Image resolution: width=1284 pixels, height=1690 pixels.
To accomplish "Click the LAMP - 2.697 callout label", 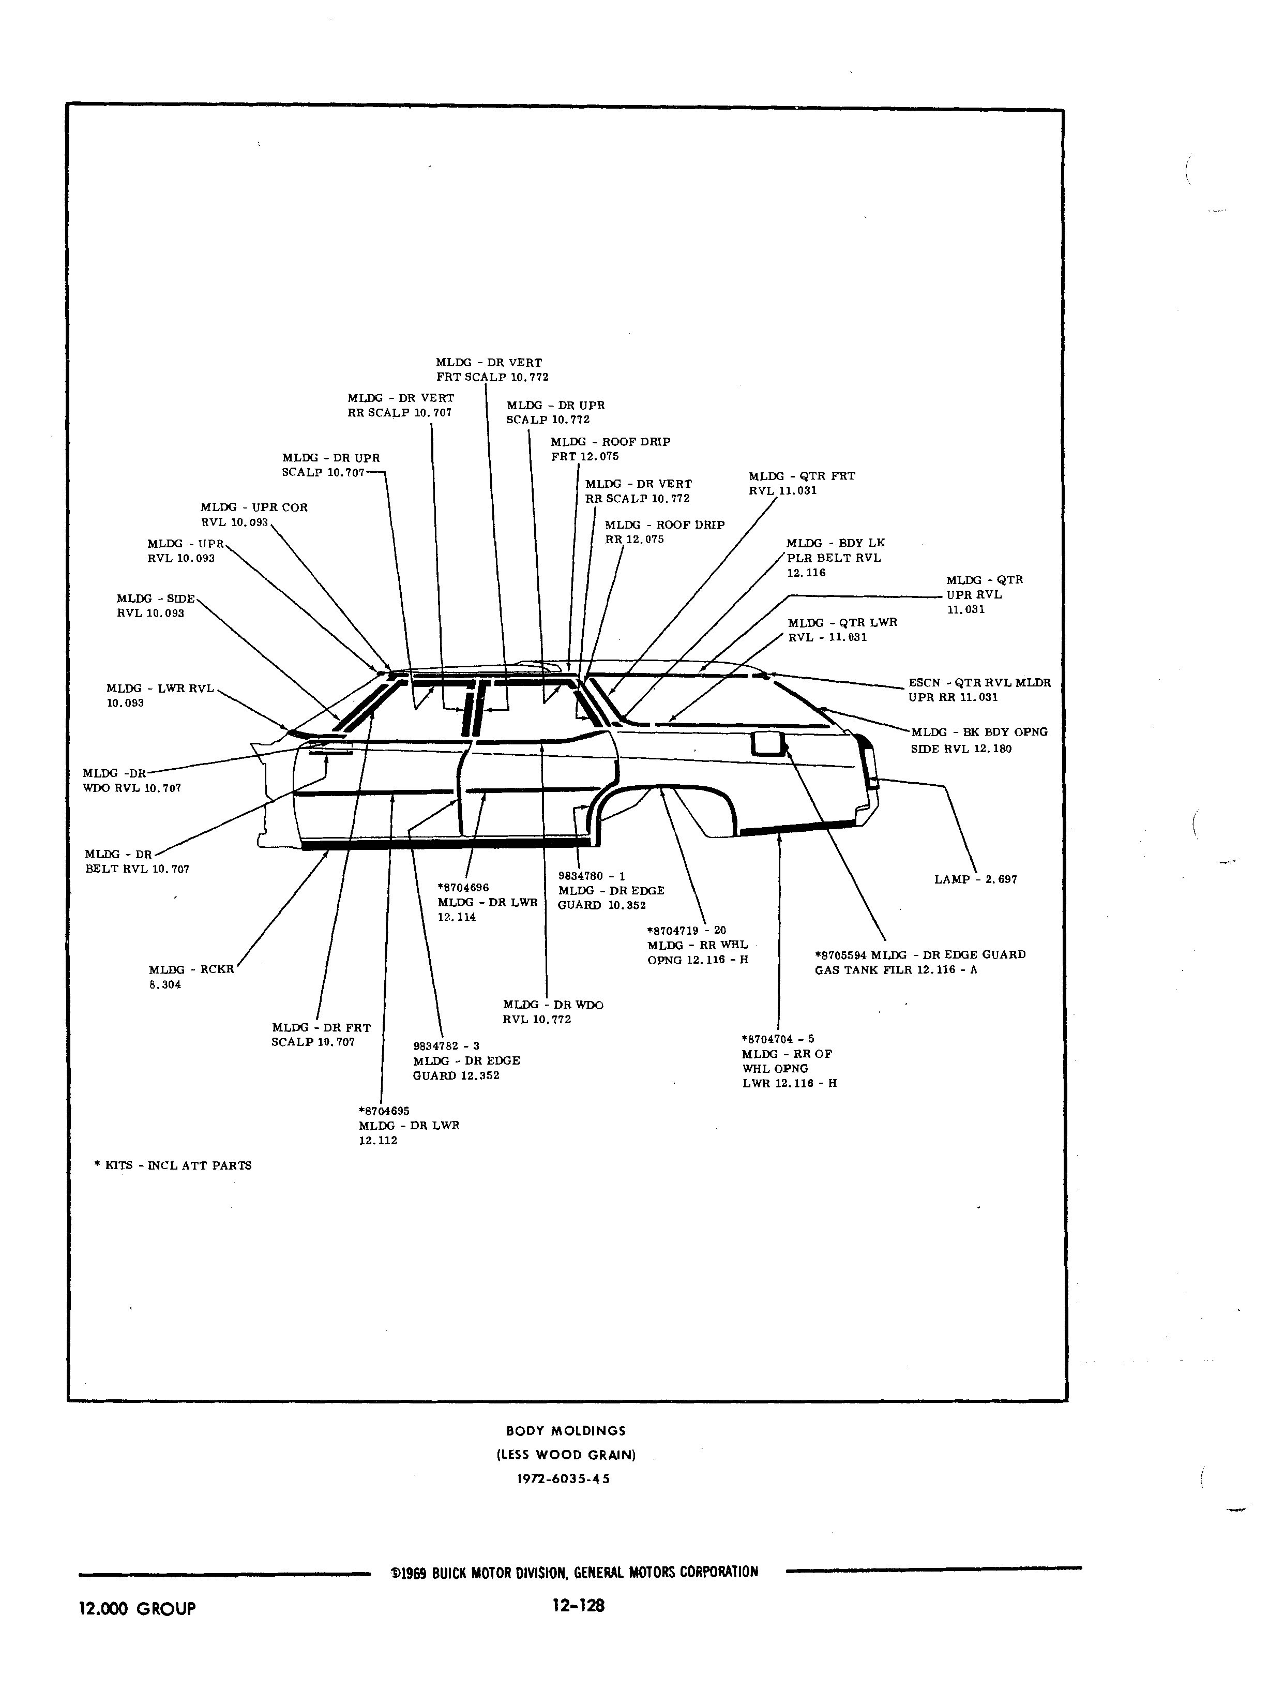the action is click(x=975, y=879).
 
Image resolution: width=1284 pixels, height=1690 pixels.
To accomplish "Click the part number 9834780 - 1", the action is click(x=592, y=876).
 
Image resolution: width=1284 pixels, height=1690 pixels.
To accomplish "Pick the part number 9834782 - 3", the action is click(x=446, y=1045).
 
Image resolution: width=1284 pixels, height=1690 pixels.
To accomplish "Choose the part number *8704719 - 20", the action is click(x=686, y=930).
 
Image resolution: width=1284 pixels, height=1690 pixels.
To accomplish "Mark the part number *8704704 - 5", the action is click(x=778, y=1039).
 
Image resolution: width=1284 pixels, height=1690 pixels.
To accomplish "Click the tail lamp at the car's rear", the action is click(x=870, y=765).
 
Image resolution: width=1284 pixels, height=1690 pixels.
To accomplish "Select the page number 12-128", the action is click(x=579, y=1605).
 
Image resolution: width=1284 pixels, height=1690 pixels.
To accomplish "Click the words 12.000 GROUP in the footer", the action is click(x=138, y=1608).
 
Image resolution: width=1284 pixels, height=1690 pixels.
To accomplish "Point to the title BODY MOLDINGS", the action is click(x=566, y=1431).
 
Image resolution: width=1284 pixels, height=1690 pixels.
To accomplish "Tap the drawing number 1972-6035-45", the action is click(x=564, y=1478).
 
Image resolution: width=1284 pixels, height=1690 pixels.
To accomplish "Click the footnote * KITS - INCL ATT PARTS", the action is click(x=173, y=1165).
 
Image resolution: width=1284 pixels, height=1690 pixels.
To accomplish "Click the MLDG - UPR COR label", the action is click(x=254, y=507).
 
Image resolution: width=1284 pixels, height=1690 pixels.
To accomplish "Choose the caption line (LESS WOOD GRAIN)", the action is click(x=566, y=1455).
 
